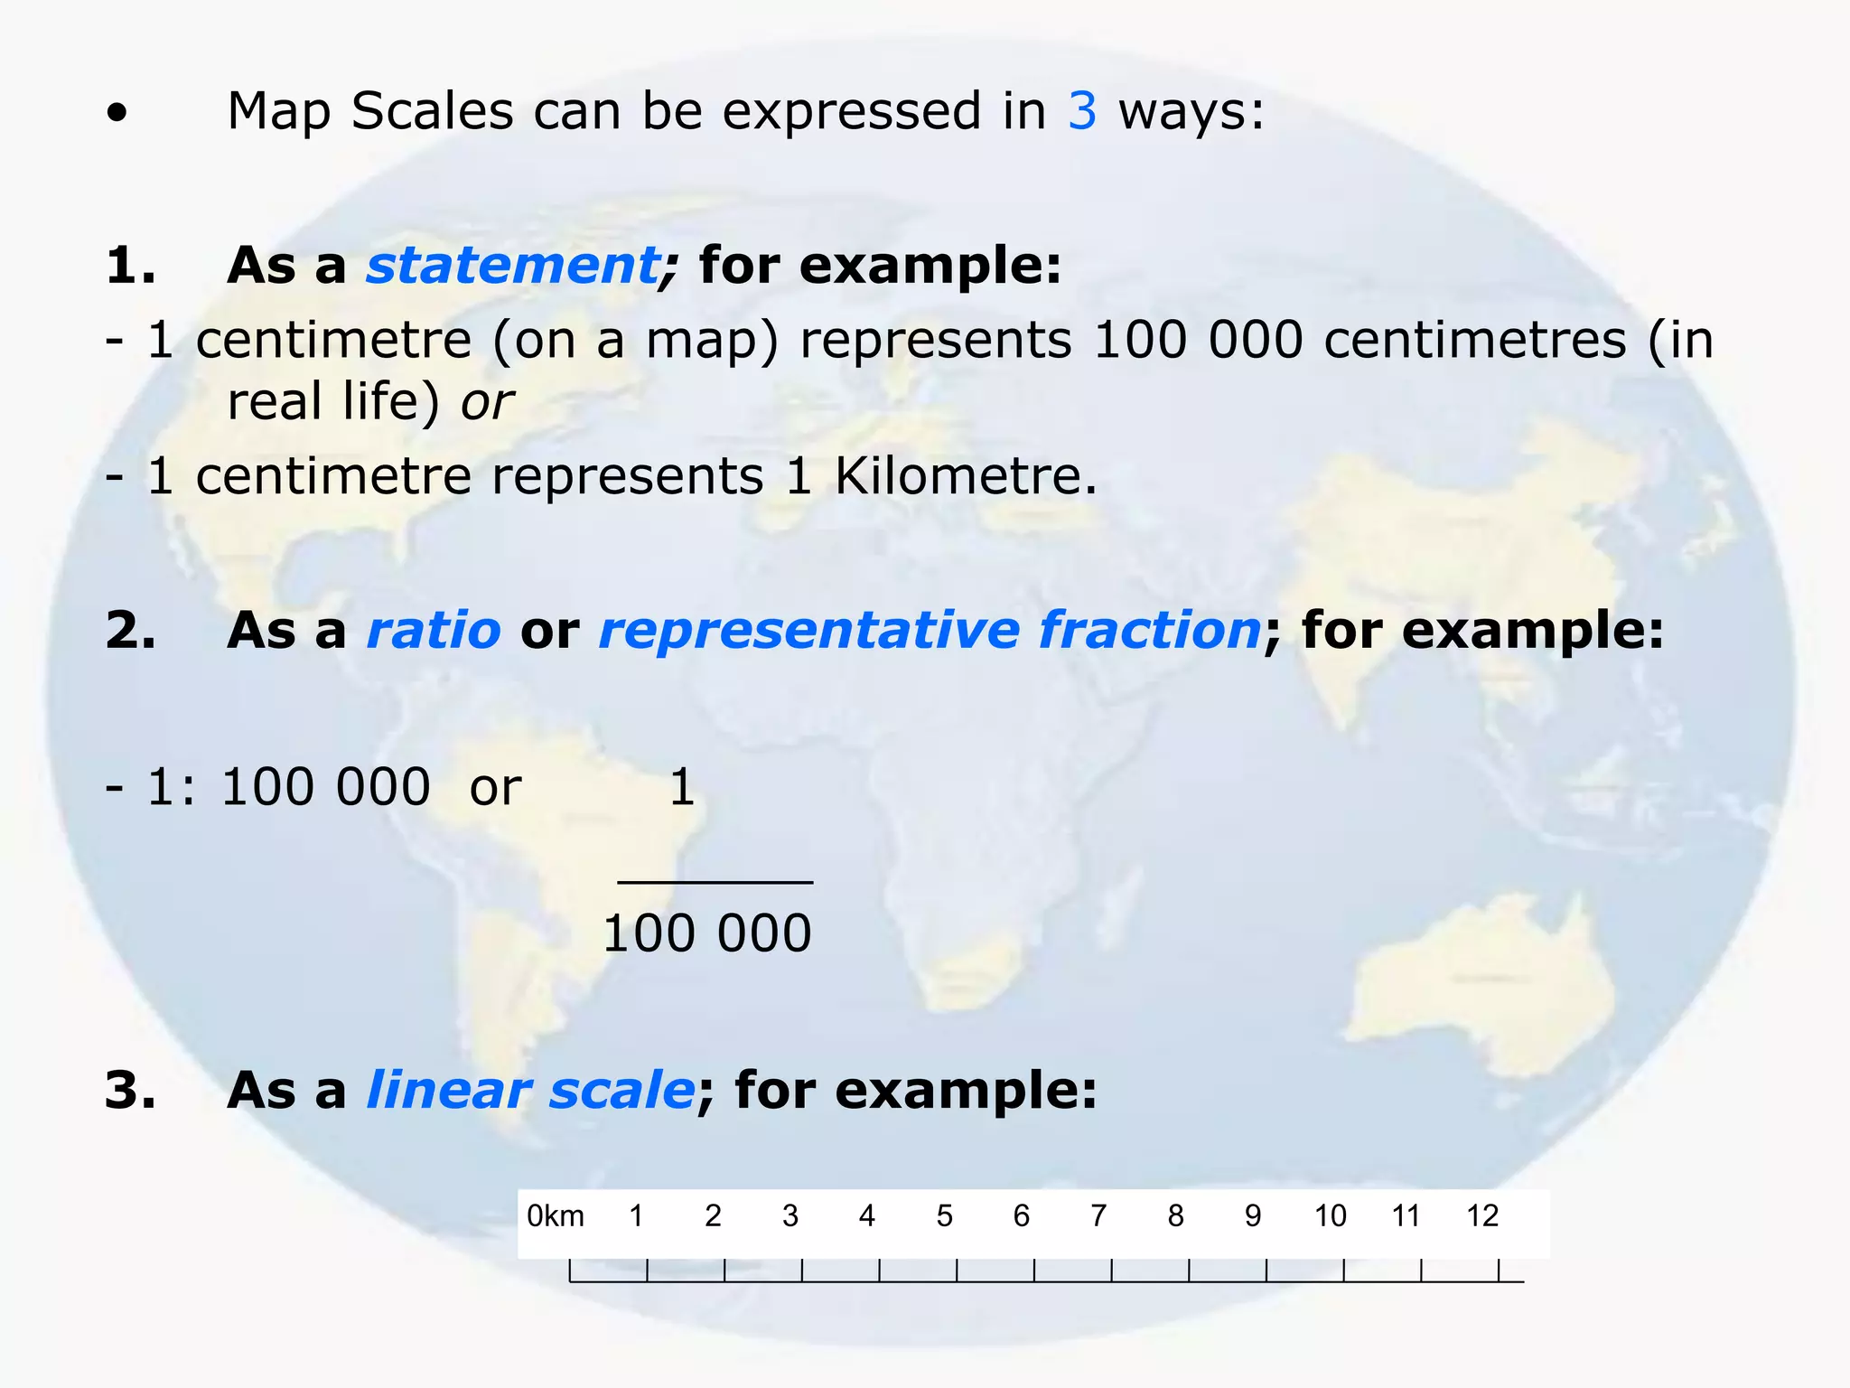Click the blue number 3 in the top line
pyautogui.click(x=1082, y=111)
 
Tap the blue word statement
pyautogui.click(x=513, y=266)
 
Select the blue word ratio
pyautogui.click(x=434, y=630)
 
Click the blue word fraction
pyautogui.click(x=1149, y=630)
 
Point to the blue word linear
pyautogui.click(x=448, y=1090)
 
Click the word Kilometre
pyautogui.click(x=965, y=476)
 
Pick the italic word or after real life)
pyautogui.click(x=487, y=402)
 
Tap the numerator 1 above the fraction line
pyautogui.click(x=682, y=787)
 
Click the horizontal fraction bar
pyautogui.click(x=715, y=882)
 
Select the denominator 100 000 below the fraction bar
pyautogui.click(x=707, y=933)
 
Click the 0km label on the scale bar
pyautogui.click(x=556, y=1216)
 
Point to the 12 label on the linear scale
pyautogui.click(x=1482, y=1216)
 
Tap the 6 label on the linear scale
pyautogui.click(x=1022, y=1216)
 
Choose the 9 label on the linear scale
pyautogui.click(x=1253, y=1216)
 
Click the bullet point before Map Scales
pyautogui.click(x=117, y=115)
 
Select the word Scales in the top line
pyautogui.click(x=433, y=111)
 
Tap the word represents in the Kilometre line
pyautogui.click(x=627, y=476)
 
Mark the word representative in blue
pyautogui.click(x=808, y=630)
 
